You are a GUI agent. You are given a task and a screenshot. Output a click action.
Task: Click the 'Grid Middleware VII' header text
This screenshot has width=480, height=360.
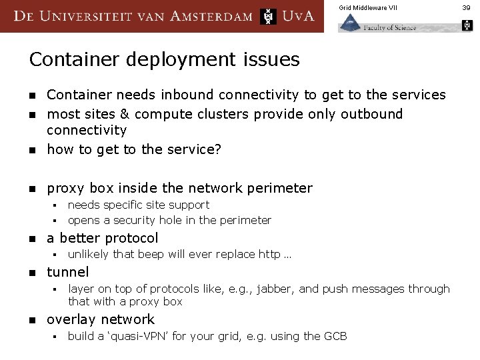(x=367, y=8)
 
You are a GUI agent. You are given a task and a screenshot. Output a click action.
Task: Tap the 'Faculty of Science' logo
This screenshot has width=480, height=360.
(x=377, y=25)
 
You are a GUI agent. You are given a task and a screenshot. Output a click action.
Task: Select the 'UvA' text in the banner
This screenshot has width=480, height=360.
(x=298, y=16)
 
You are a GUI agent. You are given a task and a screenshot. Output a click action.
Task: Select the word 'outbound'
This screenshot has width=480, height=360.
(x=371, y=114)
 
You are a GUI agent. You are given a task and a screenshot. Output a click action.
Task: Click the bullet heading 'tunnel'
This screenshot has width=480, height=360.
(x=67, y=272)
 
